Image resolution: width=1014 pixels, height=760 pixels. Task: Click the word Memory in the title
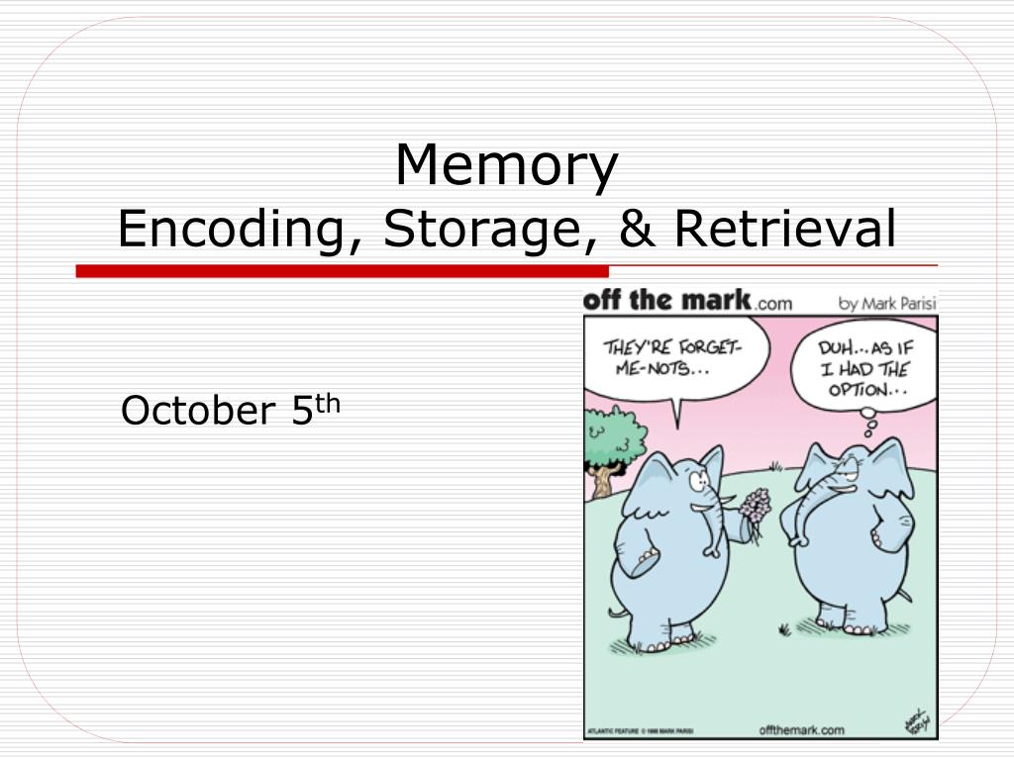506,166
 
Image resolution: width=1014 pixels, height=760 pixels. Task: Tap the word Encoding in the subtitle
231,231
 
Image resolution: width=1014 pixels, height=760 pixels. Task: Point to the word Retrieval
784,229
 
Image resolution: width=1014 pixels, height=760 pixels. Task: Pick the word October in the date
197,411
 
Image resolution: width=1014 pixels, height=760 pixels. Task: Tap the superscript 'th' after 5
328,402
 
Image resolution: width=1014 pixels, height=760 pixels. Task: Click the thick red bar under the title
342,271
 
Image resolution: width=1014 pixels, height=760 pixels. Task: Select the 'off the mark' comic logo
668,301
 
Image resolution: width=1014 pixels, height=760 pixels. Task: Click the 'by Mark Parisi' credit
887,304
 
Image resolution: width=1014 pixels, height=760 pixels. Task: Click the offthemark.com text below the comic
801,730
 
